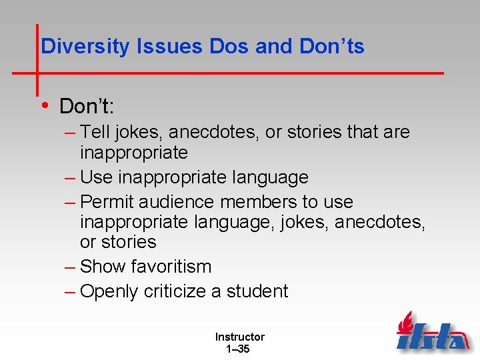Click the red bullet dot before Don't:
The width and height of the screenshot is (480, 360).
[45, 105]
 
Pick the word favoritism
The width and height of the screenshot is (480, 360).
[171, 267]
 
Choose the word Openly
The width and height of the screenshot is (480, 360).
[111, 291]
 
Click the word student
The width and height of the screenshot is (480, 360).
[257, 291]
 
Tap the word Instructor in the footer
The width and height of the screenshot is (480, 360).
[239, 337]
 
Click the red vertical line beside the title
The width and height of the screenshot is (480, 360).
[37, 60]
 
